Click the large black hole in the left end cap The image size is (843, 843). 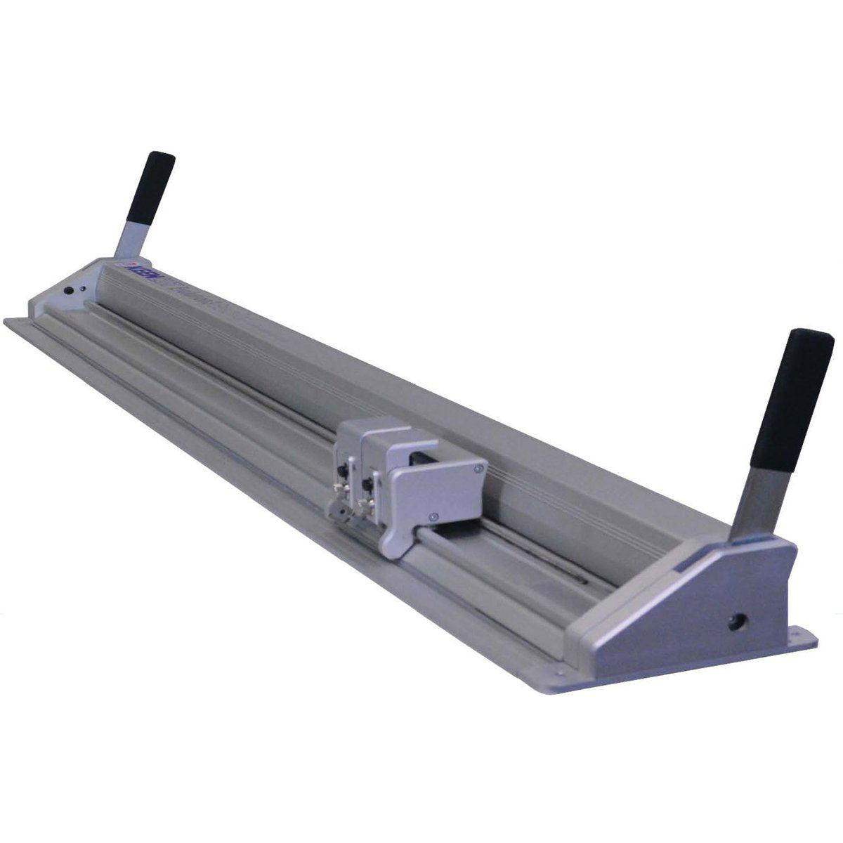(x=69, y=290)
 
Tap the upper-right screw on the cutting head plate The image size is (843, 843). (x=478, y=468)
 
